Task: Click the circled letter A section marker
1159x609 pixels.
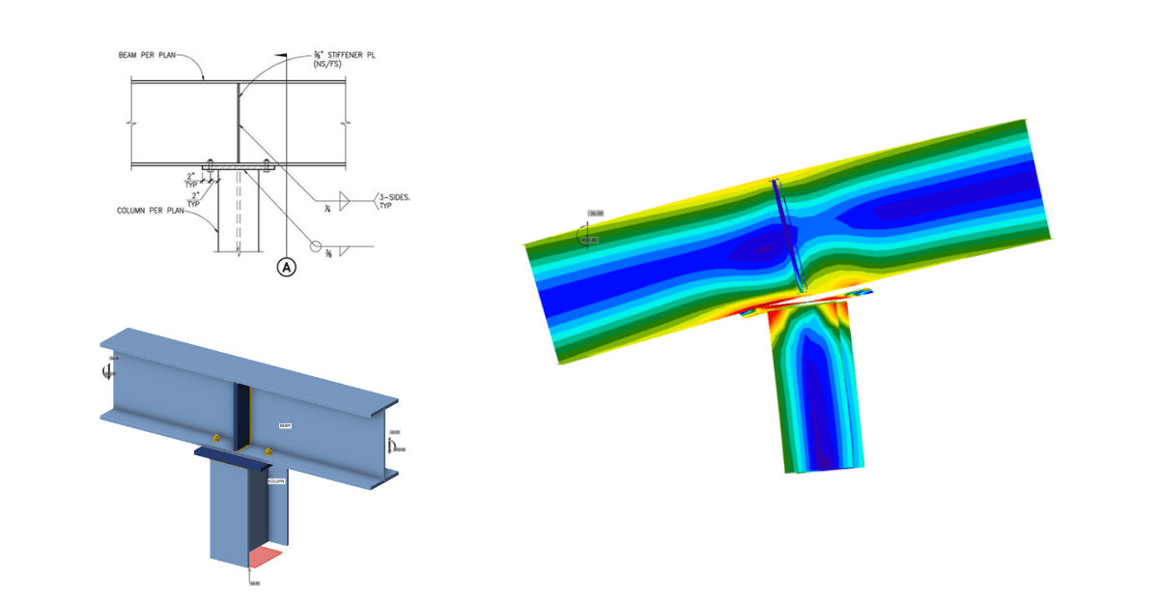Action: click(286, 268)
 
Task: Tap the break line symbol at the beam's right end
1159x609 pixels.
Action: click(346, 122)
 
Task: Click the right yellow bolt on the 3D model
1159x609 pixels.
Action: click(268, 451)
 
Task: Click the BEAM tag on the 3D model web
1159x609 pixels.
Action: click(285, 424)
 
